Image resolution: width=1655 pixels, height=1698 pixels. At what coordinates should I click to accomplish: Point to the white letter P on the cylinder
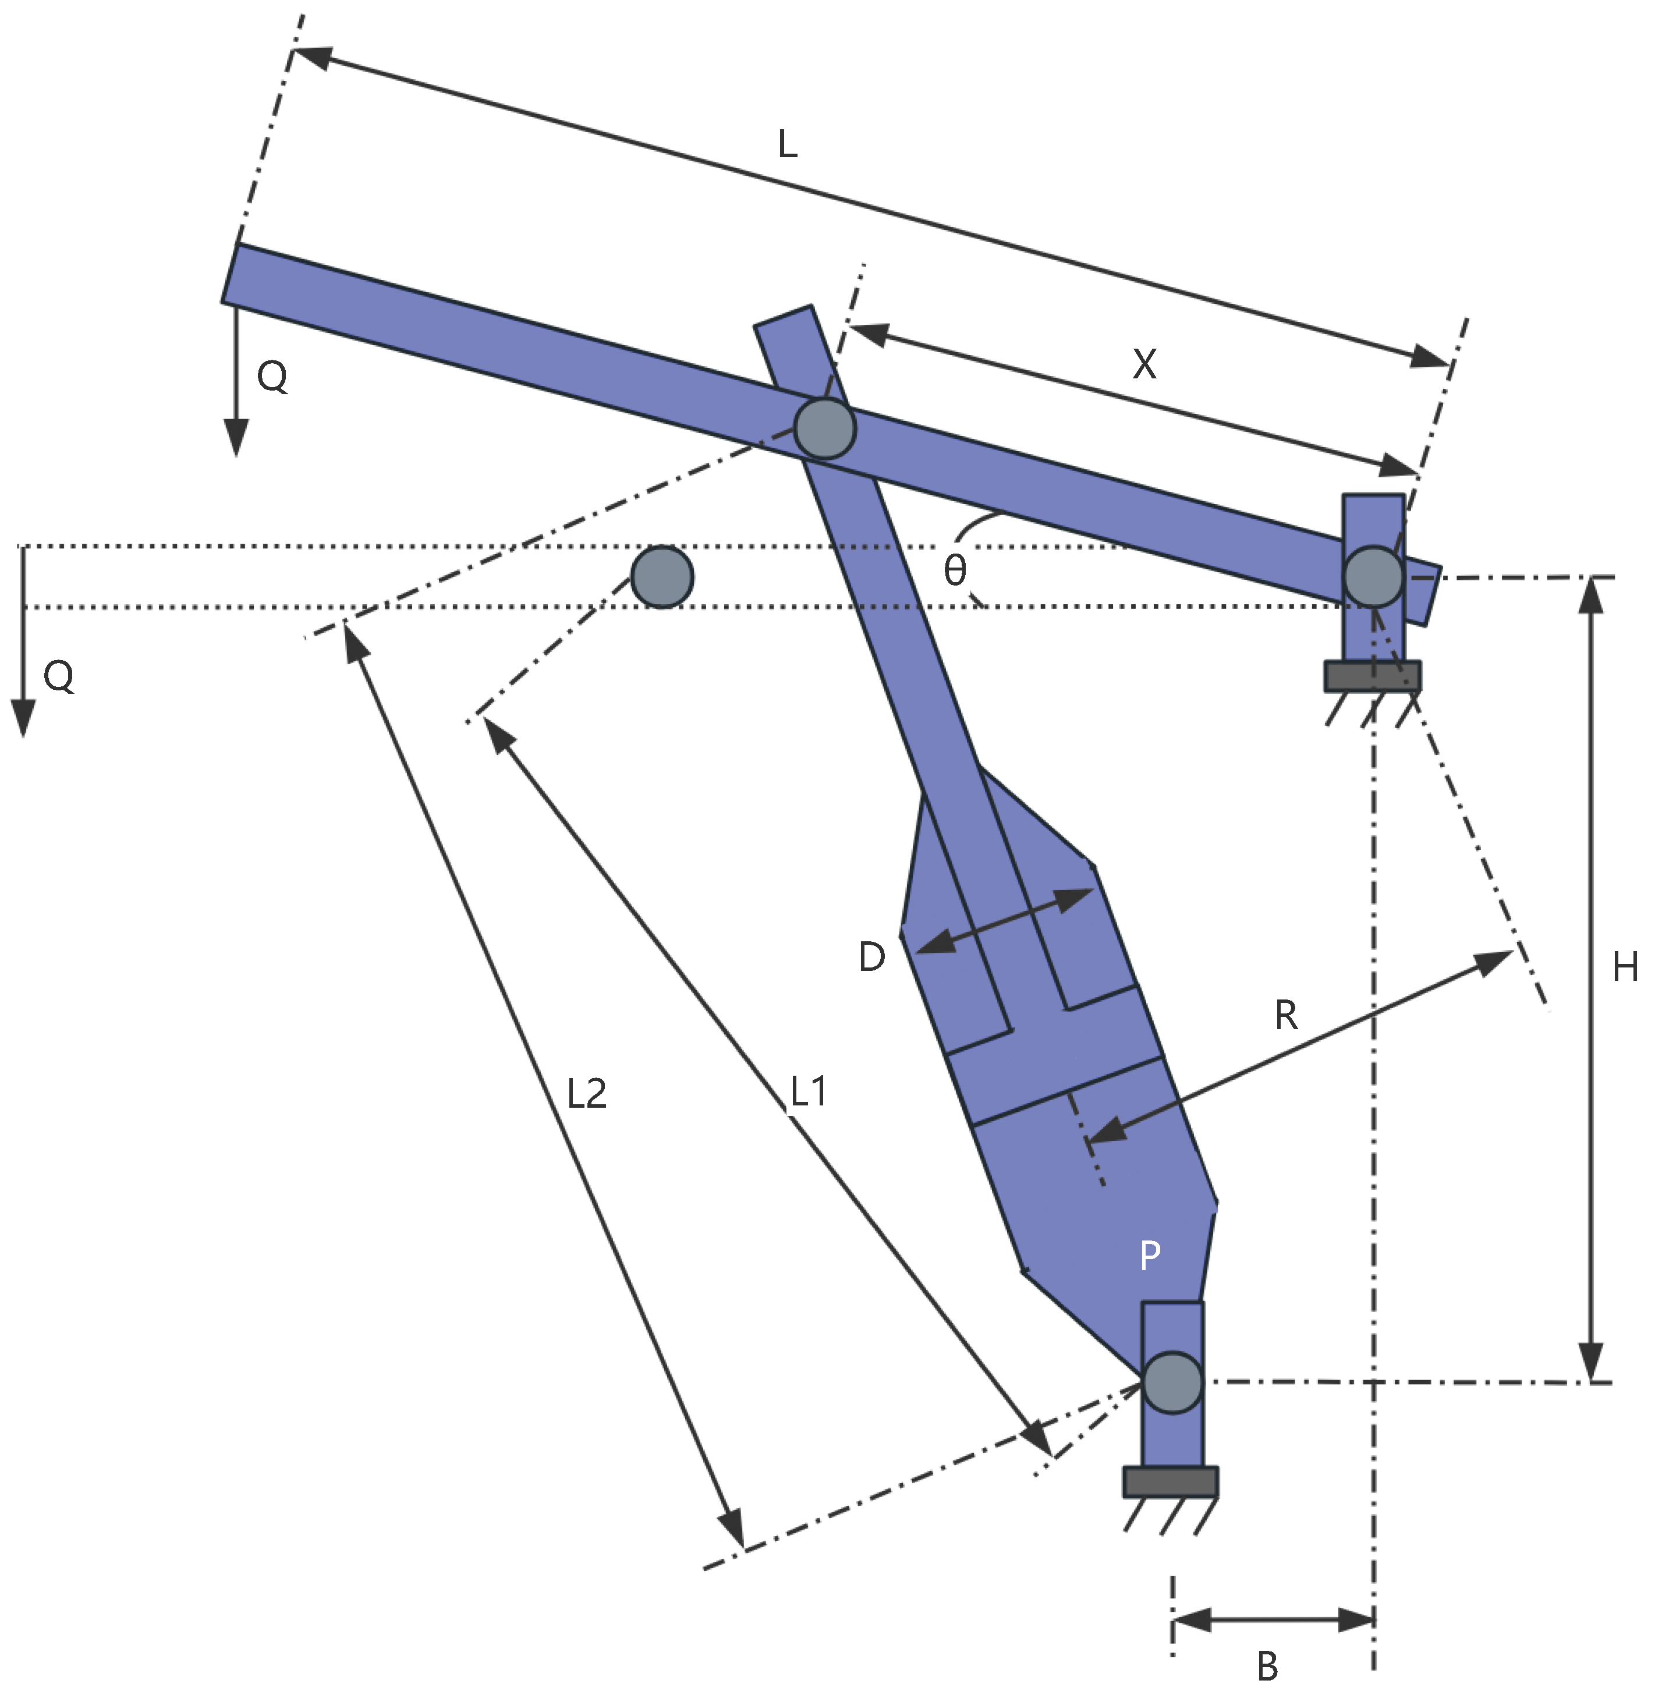[1149, 1256]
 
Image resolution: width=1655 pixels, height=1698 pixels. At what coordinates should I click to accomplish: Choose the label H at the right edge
[1625, 967]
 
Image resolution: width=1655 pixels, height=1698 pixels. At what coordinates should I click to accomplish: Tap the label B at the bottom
[1267, 1667]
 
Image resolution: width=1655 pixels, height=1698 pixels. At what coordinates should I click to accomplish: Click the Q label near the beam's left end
[272, 377]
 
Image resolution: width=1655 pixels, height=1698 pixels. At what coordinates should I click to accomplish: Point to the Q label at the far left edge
[58, 675]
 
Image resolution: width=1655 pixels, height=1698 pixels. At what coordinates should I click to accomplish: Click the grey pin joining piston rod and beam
[824, 427]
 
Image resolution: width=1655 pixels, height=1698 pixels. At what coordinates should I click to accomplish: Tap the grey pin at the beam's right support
[1373, 576]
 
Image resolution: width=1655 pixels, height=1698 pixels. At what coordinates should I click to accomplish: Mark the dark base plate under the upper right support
[1373, 676]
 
